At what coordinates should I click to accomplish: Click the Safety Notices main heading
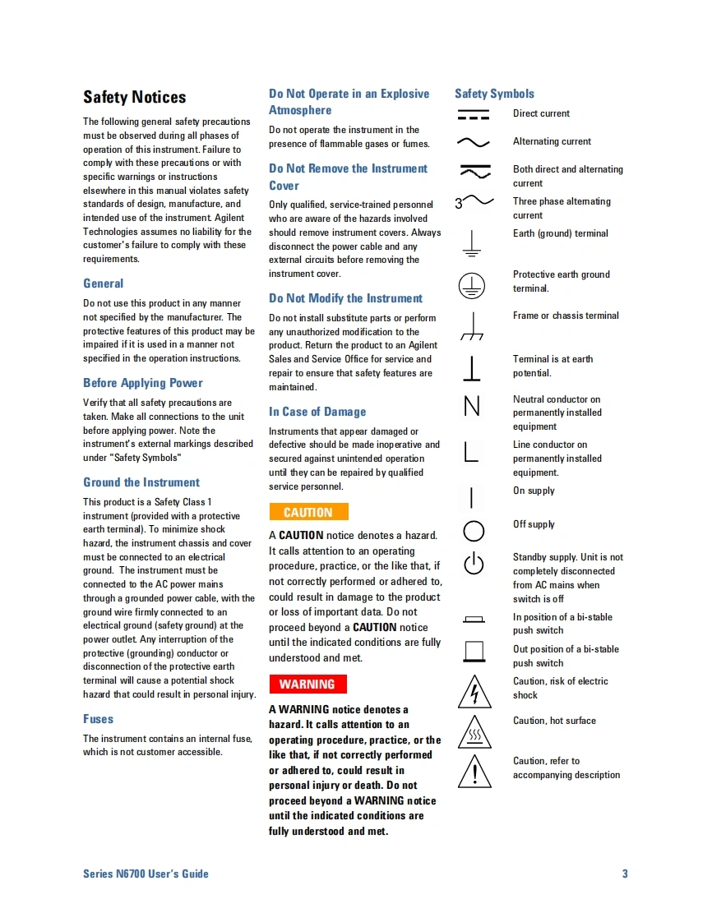134,97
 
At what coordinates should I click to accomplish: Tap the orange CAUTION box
308,512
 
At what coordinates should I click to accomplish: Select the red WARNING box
307,684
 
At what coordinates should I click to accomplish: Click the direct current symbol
473,114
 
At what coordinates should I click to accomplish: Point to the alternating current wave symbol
473,142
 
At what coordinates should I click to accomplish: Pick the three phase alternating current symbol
474,201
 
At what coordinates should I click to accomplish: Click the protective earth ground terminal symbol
472,285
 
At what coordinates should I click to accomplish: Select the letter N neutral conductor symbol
472,407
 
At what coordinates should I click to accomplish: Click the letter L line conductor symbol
471,452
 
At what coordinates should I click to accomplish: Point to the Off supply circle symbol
474,531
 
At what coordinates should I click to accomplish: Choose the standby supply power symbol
474,564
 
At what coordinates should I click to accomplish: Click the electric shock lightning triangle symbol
474,692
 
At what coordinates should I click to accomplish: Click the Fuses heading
98,719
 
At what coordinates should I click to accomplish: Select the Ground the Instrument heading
141,482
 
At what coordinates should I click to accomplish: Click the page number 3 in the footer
625,874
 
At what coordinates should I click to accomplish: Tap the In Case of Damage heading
317,412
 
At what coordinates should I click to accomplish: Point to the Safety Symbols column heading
494,94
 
